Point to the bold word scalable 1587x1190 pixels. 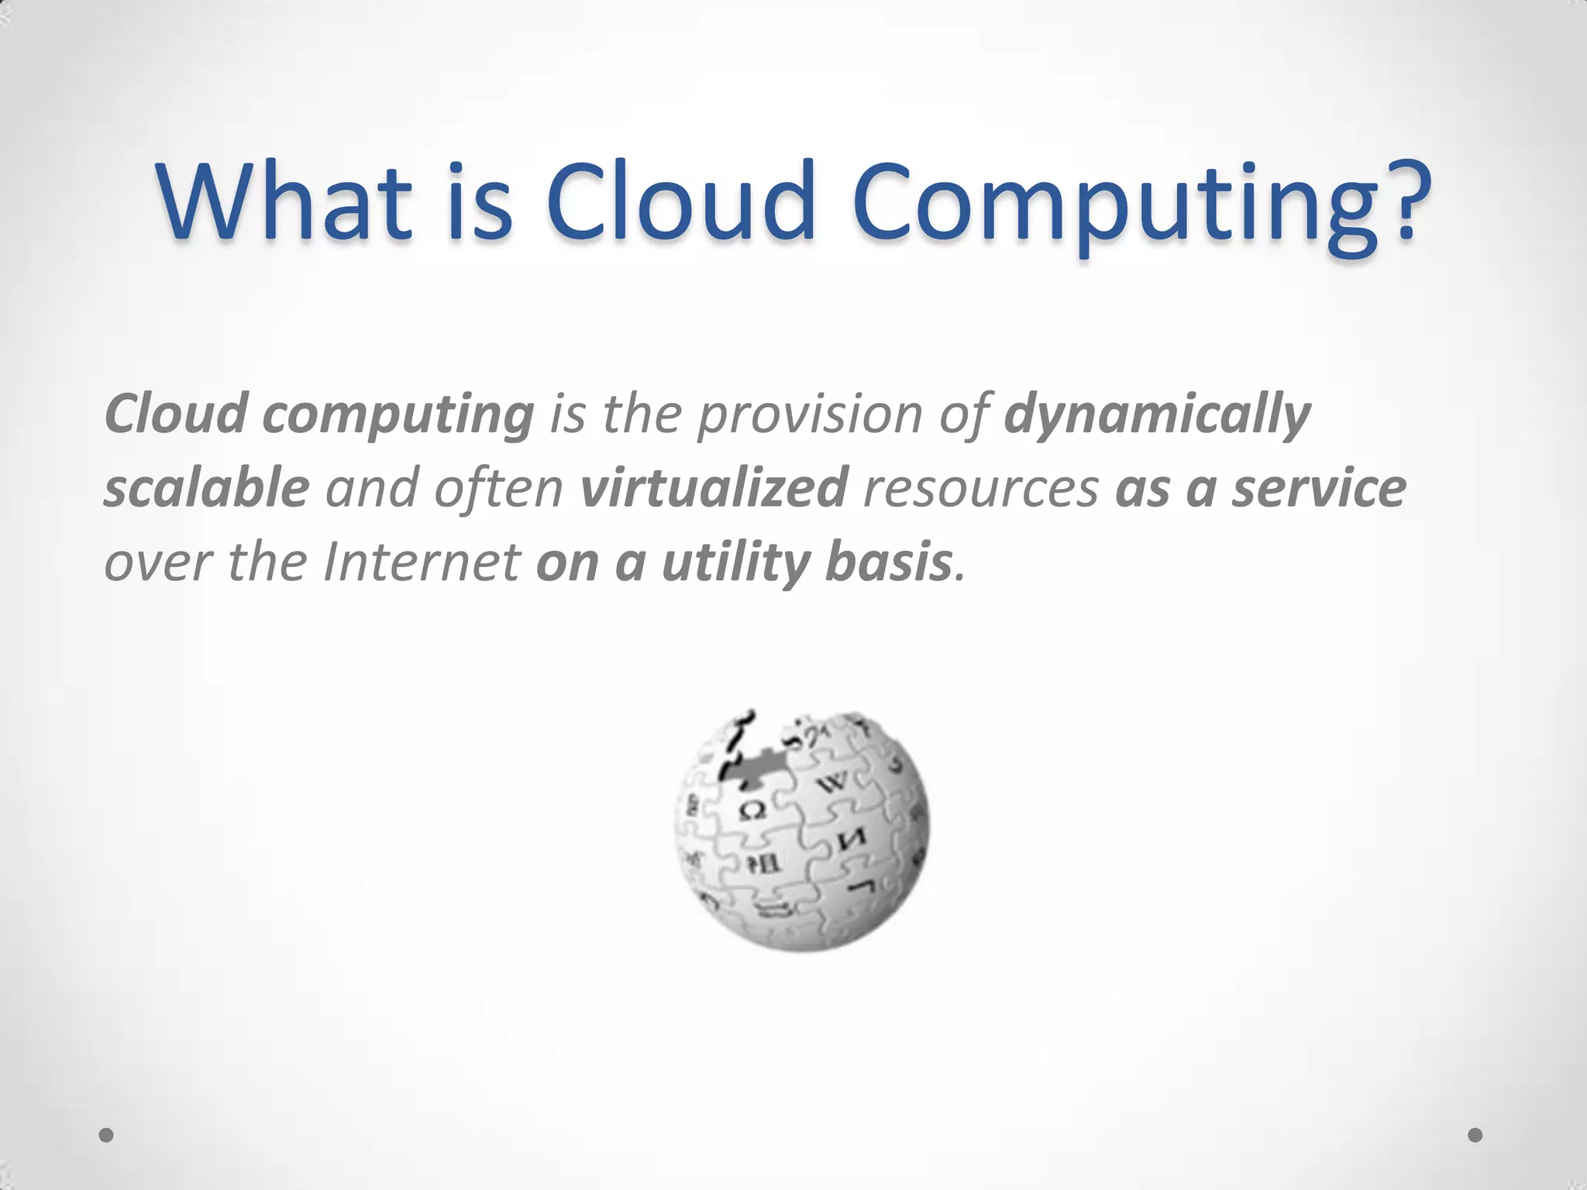[x=206, y=488]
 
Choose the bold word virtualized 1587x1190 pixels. [x=714, y=488]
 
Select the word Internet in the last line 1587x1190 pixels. [x=422, y=562]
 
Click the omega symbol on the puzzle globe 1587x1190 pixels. [x=752, y=811]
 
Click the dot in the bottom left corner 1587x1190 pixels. [x=106, y=1135]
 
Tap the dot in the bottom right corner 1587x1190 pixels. [x=1475, y=1135]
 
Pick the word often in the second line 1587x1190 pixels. [x=498, y=488]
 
